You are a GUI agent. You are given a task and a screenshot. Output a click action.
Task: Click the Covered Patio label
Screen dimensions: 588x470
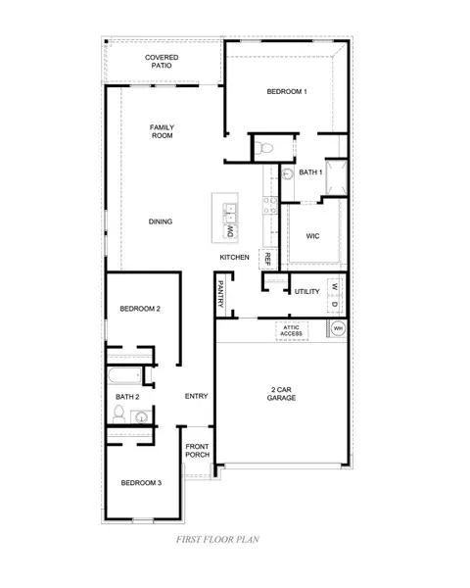point(162,62)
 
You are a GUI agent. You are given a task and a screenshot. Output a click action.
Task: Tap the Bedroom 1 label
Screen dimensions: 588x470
point(287,92)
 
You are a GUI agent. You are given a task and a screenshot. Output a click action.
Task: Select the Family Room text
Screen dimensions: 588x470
point(162,132)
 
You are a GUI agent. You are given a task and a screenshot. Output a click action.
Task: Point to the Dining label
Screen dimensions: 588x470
point(161,221)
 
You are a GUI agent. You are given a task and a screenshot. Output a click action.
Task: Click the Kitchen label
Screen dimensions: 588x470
point(234,257)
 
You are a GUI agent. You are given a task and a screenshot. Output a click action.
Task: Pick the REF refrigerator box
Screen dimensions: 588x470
point(266,260)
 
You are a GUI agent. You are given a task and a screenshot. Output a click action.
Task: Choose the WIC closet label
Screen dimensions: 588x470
point(312,236)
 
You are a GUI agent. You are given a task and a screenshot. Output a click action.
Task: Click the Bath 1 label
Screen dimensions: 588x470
point(310,172)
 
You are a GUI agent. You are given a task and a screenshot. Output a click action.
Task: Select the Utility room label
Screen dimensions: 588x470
point(307,292)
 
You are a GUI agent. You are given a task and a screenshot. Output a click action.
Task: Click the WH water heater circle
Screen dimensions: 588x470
point(338,330)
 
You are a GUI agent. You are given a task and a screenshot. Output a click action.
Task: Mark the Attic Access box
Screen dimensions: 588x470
point(292,331)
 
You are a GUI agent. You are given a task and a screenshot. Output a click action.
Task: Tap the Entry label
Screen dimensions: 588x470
point(196,396)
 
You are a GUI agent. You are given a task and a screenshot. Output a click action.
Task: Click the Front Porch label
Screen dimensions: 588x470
point(197,452)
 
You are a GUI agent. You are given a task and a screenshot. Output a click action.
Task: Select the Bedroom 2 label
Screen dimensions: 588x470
point(140,310)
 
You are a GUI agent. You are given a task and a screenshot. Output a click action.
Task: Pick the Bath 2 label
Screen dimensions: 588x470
point(127,397)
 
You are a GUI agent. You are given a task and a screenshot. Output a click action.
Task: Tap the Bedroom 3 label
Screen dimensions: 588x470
point(140,483)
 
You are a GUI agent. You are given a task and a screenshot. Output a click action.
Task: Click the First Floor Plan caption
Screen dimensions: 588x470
point(217,539)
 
